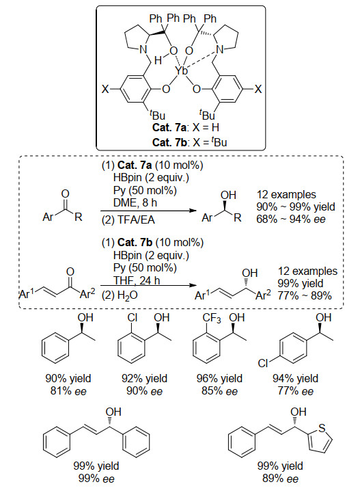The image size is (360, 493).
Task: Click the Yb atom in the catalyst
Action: pyautogui.click(x=181, y=70)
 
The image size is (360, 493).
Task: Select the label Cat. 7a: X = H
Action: pyautogui.click(x=186, y=128)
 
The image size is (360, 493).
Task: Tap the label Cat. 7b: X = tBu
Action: pyautogui.click(x=189, y=142)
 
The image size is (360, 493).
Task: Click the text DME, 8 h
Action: pyautogui.click(x=135, y=203)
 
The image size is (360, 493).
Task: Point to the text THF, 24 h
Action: pyautogui.click(x=137, y=280)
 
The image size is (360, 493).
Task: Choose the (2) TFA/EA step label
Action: pyautogui.click(x=128, y=219)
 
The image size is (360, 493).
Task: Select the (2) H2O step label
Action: pyautogui.click(x=120, y=296)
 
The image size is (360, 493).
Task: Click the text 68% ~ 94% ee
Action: pyautogui.click(x=291, y=219)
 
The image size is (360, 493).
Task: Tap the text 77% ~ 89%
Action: pyautogui.click(x=305, y=295)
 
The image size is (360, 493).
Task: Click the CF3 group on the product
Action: pyautogui.click(x=212, y=319)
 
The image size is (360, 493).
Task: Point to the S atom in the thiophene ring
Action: pyautogui.click(x=322, y=428)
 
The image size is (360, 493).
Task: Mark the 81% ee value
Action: pyautogui.click(x=68, y=391)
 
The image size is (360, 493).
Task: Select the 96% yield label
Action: pyautogui.click(x=219, y=378)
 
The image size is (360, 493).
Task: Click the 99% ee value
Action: pyautogui.click(x=96, y=479)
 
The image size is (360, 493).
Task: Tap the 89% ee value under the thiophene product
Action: pyautogui.click(x=280, y=479)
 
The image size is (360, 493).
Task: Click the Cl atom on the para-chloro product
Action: pyautogui.click(x=262, y=364)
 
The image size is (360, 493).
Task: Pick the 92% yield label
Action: pyautogui.click(x=144, y=378)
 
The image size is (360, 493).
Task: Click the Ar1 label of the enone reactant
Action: pyautogui.click(x=27, y=294)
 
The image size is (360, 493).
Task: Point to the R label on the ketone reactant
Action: pyautogui.click(x=79, y=217)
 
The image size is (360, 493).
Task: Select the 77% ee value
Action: pyautogui.click(x=295, y=391)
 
